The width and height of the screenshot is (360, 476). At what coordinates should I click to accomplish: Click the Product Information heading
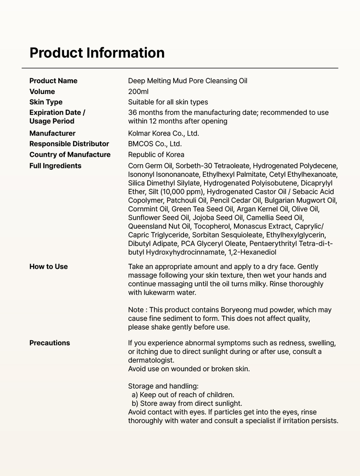[x=97, y=53]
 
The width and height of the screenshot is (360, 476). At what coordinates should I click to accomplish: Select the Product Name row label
[x=53, y=81]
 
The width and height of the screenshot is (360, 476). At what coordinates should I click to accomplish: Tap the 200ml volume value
[x=138, y=92]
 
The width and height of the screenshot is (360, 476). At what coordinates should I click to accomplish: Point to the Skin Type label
[x=46, y=102]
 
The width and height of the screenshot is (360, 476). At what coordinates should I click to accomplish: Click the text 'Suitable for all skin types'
[x=168, y=102]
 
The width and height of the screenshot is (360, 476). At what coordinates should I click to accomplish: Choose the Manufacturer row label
[x=52, y=133]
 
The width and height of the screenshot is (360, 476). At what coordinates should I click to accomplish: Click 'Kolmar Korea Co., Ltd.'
[x=163, y=133]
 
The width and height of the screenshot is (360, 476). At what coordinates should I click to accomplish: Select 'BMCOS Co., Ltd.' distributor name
[x=155, y=144]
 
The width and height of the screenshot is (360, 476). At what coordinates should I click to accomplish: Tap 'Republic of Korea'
[x=156, y=155]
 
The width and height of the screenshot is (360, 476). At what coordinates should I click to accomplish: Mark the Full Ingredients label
[x=55, y=166]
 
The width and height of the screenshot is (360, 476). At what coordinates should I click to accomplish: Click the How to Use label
[x=48, y=267]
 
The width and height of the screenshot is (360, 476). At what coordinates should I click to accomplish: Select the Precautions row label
[x=50, y=343]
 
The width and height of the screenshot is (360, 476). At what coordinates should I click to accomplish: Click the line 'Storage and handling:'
[x=163, y=386]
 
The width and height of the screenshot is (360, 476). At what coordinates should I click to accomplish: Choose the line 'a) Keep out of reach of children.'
[x=183, y=395]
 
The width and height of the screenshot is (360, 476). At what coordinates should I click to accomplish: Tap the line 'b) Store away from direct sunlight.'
[x=187, y=404]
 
